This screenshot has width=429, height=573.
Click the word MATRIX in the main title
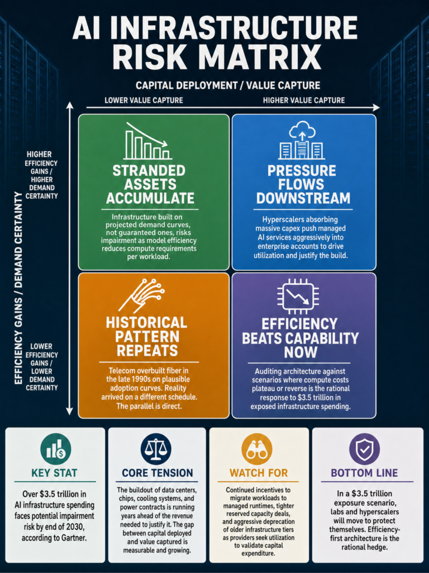point(260,56)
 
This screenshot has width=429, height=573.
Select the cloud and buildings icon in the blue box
point(302,140)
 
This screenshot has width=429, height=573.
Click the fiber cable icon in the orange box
point(141,296)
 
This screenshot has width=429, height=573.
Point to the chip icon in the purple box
point(298,296)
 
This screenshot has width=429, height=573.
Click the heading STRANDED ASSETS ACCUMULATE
point(150,185)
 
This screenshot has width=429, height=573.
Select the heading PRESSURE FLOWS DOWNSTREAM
point(303,185)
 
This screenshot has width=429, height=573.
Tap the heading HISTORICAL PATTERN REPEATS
point(147,336)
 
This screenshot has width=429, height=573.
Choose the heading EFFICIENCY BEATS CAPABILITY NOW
point(300,338)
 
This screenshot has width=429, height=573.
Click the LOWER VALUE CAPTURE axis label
point(144,100)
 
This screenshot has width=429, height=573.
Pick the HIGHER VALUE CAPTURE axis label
point(304,100)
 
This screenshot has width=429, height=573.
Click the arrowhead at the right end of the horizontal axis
point(376,107)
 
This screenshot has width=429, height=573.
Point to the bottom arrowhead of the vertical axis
point(69,411)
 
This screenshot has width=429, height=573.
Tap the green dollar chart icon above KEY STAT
point(56,449)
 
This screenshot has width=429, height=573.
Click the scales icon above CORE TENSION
point(156,449)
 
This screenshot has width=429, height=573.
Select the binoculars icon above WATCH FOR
point(257,449)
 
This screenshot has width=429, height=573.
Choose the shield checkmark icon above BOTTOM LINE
point(364,449)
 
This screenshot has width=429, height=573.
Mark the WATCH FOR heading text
point(259,473)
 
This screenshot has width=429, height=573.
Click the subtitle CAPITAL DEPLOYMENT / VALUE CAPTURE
point(228,86)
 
